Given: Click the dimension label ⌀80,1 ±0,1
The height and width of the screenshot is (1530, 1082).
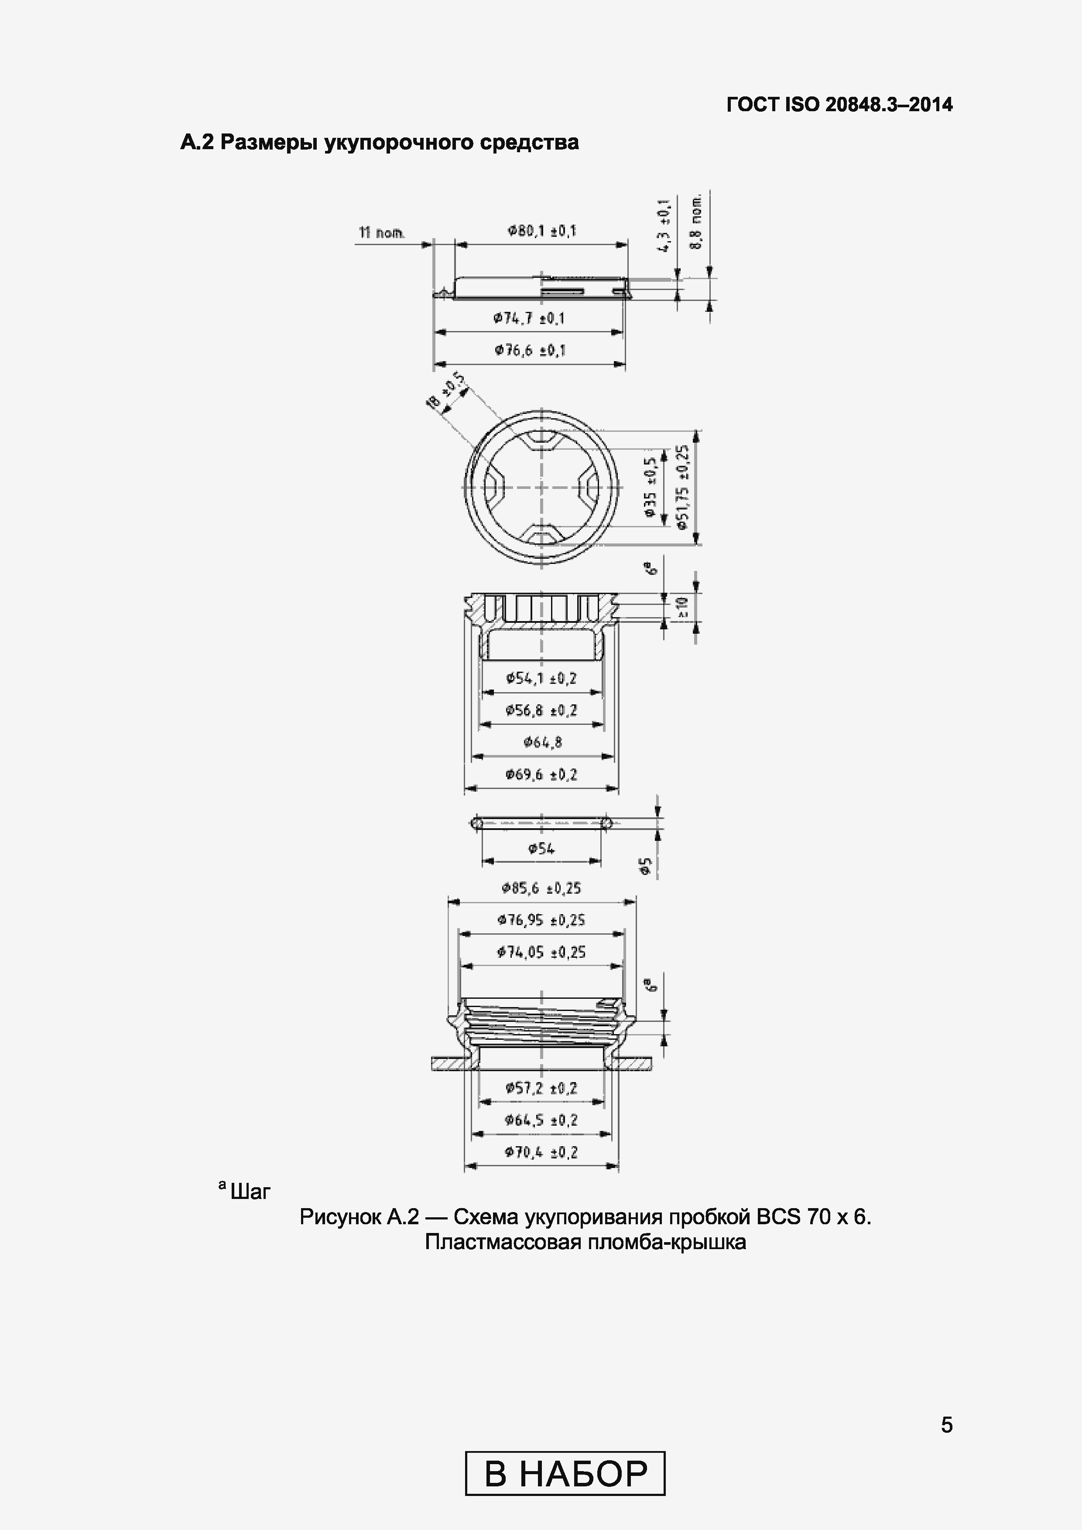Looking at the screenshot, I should tap(541, 231).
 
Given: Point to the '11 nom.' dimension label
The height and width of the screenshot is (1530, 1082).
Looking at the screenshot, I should tap(381, 232).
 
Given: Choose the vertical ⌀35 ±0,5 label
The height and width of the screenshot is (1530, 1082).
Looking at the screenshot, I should tap(651, 487).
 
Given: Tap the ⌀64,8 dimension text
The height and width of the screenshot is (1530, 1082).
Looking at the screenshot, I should tap(543, 742).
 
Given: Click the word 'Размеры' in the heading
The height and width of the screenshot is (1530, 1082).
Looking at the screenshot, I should tap(268, 143).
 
